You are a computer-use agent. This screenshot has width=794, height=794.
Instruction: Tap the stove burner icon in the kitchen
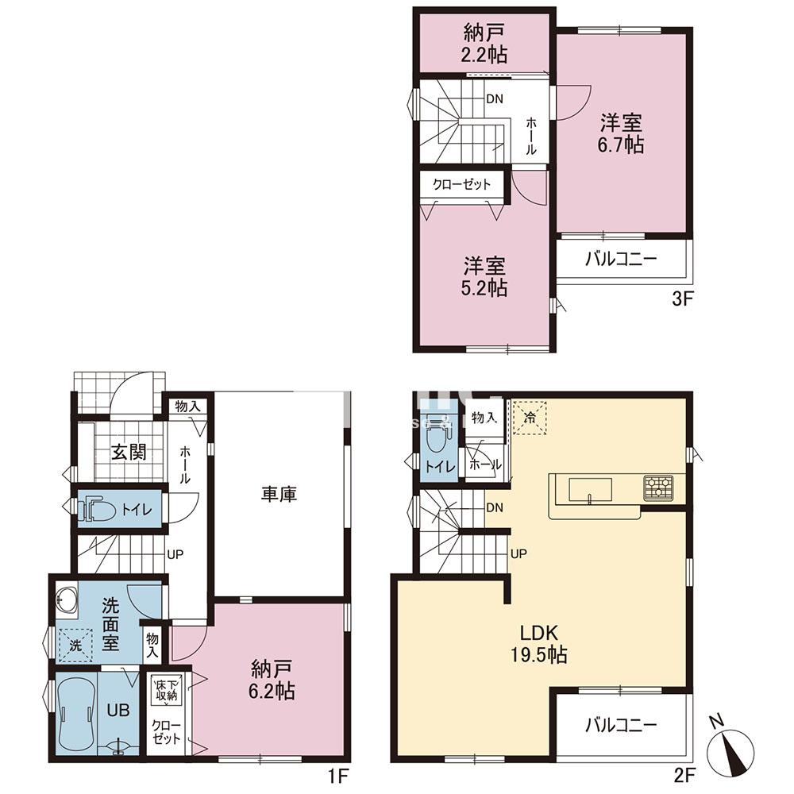(x=658, y=488)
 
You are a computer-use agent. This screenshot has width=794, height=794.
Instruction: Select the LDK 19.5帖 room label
(x=542, y=644)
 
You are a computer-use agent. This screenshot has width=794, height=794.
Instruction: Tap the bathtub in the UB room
(x=77, y=712)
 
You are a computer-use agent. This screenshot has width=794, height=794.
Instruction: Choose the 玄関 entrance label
(x=128, y=453)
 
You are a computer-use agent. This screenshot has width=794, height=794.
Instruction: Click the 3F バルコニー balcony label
(x=621, y=259)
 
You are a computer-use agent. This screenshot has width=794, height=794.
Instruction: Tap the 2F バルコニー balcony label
(x=621, y=724)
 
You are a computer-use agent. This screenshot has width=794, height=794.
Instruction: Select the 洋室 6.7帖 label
(x=621, y=133)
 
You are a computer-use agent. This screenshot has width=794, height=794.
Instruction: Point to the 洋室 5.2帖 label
(x=486, y=276)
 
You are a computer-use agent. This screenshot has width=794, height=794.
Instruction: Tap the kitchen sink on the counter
(x=588, y=488)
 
